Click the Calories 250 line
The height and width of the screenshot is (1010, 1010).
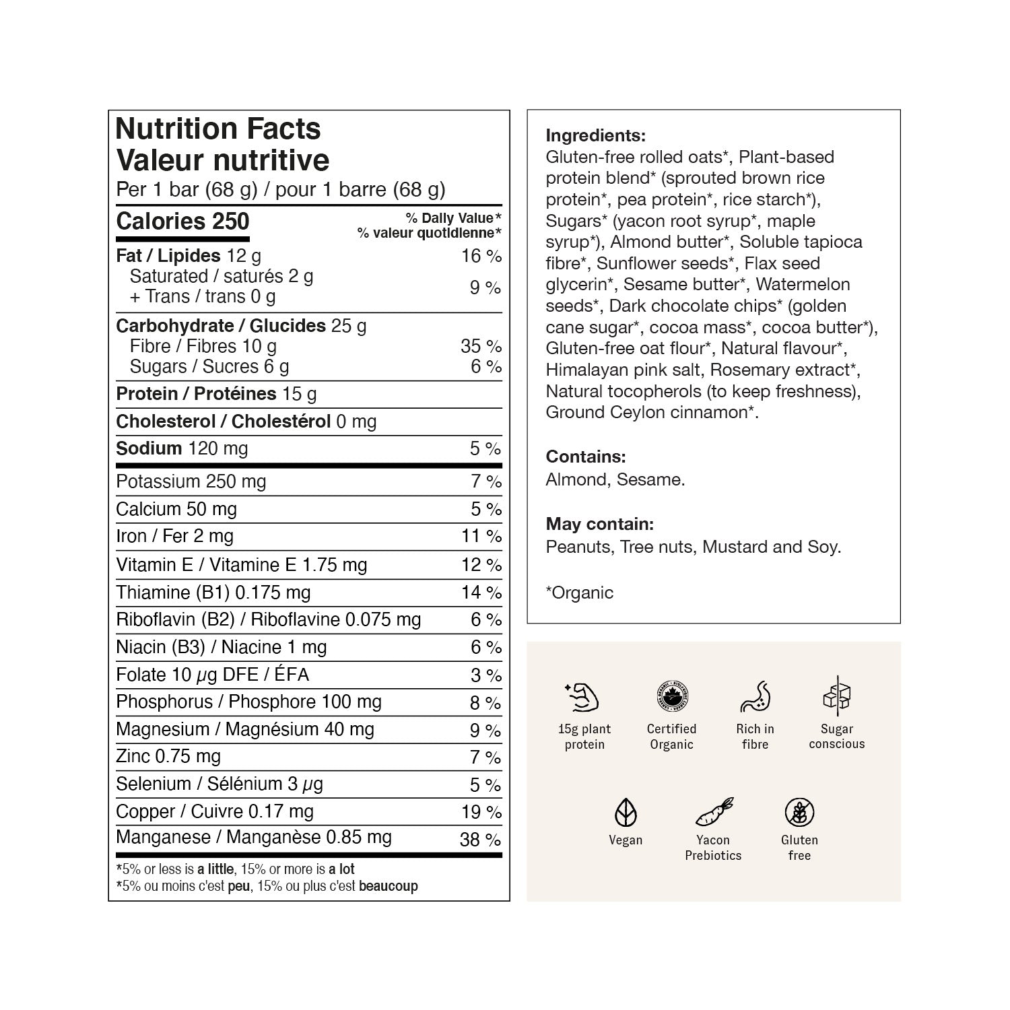[182, 222]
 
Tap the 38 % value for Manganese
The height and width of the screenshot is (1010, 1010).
[481, 840]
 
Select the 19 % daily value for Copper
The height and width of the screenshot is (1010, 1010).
[481, 812]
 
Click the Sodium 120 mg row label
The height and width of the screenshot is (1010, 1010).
[182, 448]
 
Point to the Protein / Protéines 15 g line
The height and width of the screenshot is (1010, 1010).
[216, 394]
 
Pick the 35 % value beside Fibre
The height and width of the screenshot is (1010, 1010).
[481, 346]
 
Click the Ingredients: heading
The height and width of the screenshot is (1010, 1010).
[595, 135]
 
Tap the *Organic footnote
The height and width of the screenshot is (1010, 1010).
[579, 593]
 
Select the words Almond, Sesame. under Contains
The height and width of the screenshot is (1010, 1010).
[615, 479]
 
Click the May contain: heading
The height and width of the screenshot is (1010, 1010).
[599, 524]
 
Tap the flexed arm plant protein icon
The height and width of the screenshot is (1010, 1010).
[584, 698]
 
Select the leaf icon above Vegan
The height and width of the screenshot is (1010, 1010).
[626, 813]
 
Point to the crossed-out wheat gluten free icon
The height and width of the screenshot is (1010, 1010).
[799, 813]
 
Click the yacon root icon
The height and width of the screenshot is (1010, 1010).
[713, 813]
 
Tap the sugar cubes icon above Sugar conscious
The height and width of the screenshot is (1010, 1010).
[836, 696]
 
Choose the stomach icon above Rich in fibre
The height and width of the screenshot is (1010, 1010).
[755, 697]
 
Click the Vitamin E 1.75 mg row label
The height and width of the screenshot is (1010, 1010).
[241, 565]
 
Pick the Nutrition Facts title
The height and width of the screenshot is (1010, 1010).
[218, 129]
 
